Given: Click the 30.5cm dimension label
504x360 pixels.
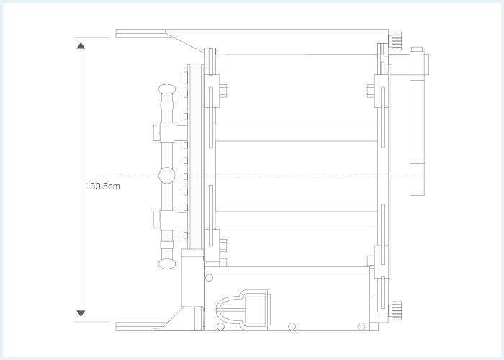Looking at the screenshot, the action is pos(105,186).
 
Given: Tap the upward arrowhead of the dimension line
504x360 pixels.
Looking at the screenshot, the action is pos(81,45).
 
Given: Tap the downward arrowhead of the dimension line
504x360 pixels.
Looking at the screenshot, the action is pos(81,313).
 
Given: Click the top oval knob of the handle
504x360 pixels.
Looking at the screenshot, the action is pos(167,89).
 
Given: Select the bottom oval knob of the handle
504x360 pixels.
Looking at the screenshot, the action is pos(167,264).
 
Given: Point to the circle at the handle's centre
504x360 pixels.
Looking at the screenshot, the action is pos(167,176).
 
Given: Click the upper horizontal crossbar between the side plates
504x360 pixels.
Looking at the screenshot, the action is pos(296,132).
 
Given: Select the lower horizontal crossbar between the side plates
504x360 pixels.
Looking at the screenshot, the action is pos(296,220).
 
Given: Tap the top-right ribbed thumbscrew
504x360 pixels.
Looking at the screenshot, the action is pos(395,41).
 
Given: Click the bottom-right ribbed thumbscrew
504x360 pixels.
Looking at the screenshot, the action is pos(395,310).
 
